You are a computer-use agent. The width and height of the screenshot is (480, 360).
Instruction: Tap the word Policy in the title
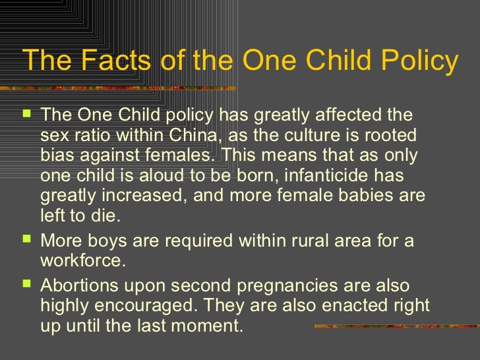pyautogui.click(x=419, y=62)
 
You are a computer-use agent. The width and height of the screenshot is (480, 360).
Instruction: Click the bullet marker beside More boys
pyautogui.click(x=26, y=240)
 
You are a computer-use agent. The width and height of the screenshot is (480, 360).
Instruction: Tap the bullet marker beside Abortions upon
pyautogui.click(x=26, y=285)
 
